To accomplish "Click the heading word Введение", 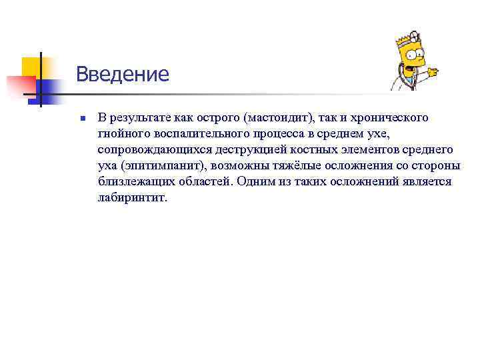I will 122,73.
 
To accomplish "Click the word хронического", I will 390,117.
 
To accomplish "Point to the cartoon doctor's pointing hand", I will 433,71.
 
